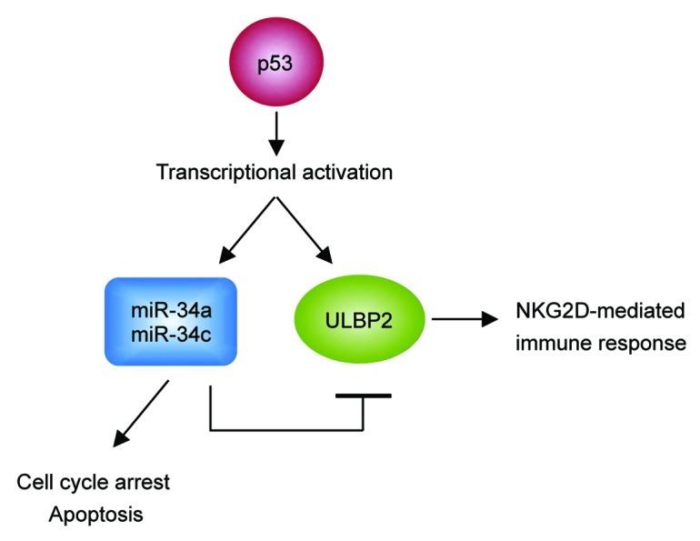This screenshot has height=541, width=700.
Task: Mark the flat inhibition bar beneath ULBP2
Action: click(x=363, y=396)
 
